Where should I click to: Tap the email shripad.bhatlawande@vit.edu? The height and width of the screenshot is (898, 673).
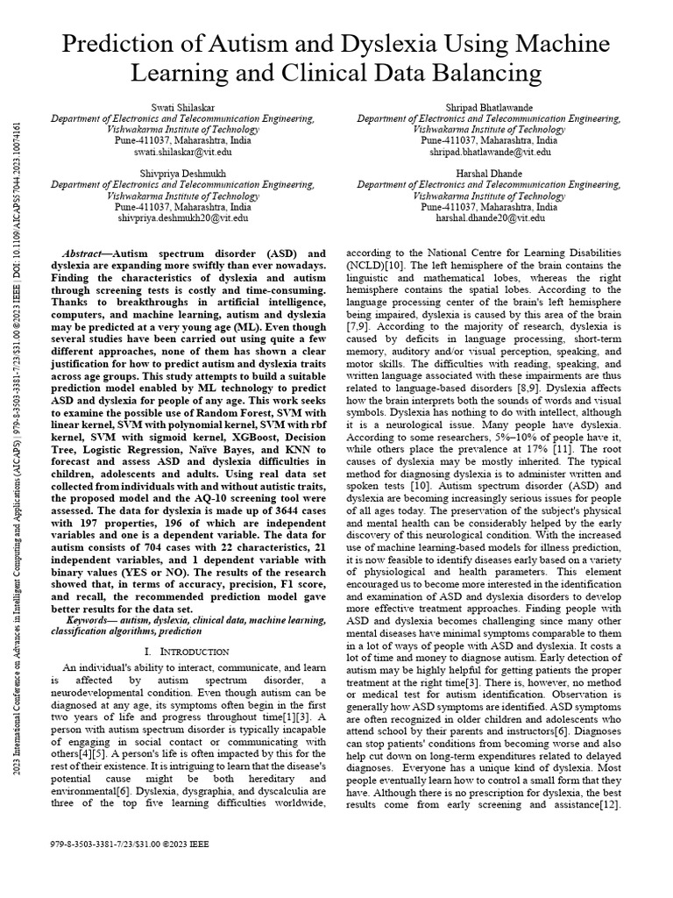489,152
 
